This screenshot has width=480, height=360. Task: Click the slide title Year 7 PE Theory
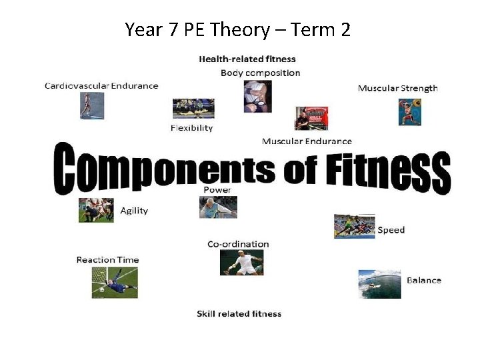[x=237, y=30]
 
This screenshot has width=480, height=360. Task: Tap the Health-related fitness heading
[x=247, y=59]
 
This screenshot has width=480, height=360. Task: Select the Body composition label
[x=260, y=73]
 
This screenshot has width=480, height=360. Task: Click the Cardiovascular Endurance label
[x=101, y=85]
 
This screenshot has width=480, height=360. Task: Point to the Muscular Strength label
[x=397, y=88]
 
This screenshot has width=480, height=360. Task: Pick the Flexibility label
[x=191, y=127]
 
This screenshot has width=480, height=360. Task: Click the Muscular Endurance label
[x=307, y=141]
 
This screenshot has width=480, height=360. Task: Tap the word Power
[x=217, y=190]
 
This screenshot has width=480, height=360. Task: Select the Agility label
[x=134, y=211]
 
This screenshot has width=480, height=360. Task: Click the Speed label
[x=391, y=230]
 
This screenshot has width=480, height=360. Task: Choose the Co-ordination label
[x=238, y=244]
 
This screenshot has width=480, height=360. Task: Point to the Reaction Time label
[x=107, y=260]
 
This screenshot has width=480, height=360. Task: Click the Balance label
[x=423, y=280]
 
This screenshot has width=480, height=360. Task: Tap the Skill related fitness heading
[x=239, y=314]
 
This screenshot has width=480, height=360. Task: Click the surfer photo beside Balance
[x=379, y=283]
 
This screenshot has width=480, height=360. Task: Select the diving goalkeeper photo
[x=115, y=282]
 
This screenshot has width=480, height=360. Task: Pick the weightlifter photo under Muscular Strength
[x=409, y=112]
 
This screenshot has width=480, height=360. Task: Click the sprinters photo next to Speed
[x=354, y=226]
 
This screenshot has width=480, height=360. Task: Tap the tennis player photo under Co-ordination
[x=241, y=262]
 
